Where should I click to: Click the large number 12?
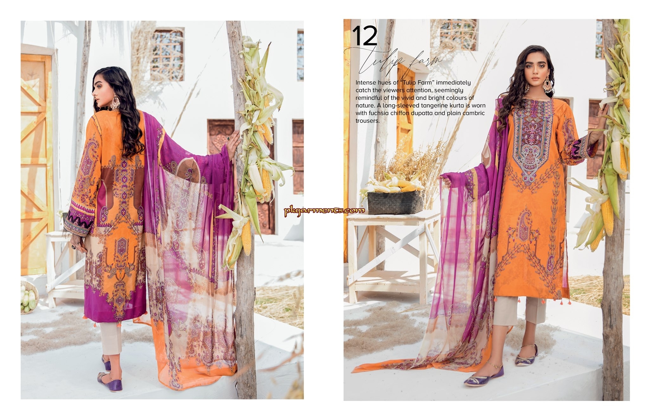[x=365, y=36]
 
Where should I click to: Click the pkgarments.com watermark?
[x=324, y=210]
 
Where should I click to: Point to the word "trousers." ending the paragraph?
[x=368, y=121]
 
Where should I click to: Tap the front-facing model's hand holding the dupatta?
[x=445, y=180]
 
